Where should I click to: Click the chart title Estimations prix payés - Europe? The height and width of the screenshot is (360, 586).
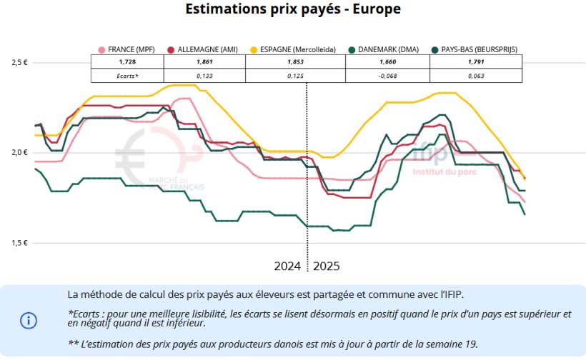click(293, 10)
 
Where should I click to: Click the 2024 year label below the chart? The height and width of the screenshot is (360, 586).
click(287, 266)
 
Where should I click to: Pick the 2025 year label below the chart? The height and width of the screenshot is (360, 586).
click(327, 266)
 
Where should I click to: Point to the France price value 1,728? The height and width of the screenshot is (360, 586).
click(127, 62)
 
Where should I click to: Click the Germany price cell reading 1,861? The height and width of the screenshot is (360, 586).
click(204, 62)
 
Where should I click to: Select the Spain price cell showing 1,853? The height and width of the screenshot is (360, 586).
click(295, 62)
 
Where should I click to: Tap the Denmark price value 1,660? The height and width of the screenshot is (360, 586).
click(387, 62)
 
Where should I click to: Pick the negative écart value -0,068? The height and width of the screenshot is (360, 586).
click(387, 75)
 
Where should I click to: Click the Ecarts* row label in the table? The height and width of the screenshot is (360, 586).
click(127, 75)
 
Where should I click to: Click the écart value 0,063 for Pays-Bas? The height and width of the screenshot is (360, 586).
click(476, 75)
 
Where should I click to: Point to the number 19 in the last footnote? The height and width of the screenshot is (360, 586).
click(470, 344)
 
